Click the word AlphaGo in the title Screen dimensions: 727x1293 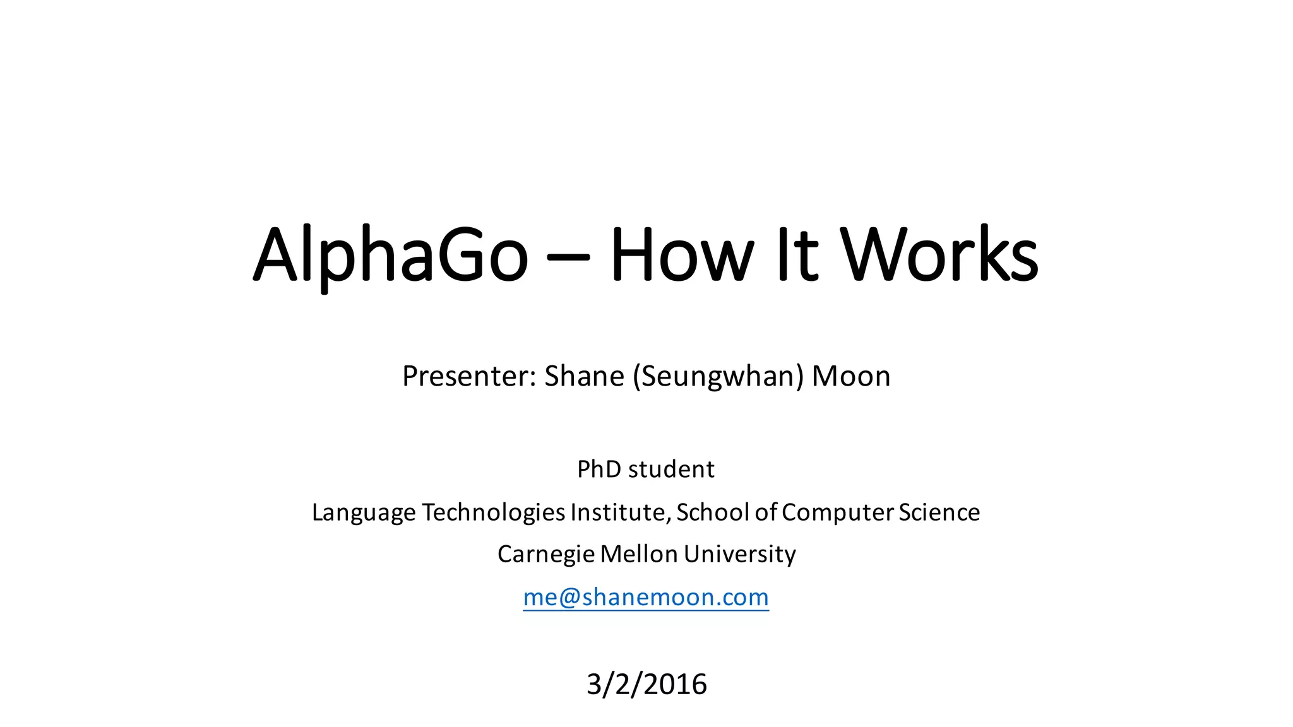[390, 256]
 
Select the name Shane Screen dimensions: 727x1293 [584, 376]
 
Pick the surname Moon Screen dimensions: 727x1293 [850, 376]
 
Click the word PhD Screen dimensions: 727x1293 [599, 470]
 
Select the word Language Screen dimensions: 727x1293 [364, 513]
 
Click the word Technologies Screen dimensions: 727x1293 [493, 513]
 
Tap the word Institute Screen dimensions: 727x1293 [621, 512]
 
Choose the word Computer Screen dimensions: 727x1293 [838, 513]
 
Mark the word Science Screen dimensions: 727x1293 [939, 512]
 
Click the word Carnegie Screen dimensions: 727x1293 [546, 555]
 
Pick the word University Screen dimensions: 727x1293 [739, 555]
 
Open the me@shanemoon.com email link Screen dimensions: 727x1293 [646, 597]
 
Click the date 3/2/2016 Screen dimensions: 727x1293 [646, 684]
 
